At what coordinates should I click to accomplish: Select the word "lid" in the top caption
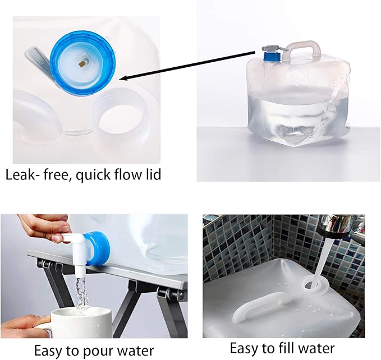[x=152, y=174]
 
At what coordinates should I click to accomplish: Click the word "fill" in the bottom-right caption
[x=283, y=348]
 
